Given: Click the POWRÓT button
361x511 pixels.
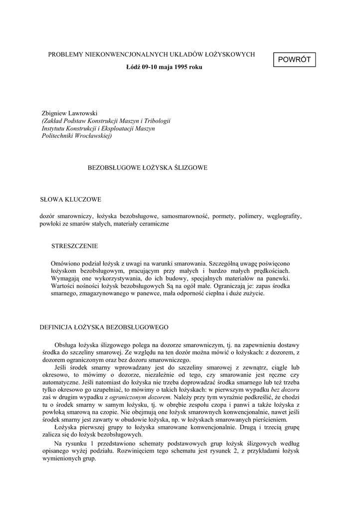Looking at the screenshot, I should (294, 59).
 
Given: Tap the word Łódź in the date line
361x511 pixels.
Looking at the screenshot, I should (131, 67).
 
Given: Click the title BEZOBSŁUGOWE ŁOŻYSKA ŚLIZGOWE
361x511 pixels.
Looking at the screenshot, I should (148, 168).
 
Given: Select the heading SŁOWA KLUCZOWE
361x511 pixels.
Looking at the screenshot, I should (70, 200).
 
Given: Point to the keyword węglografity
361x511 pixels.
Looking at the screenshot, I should (284, 217).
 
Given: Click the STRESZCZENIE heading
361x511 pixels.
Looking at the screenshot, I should (75, 246).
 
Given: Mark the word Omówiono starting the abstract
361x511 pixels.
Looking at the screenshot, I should (66, 263).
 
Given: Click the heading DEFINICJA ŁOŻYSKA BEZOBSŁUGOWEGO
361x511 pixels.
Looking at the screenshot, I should (104, 327).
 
